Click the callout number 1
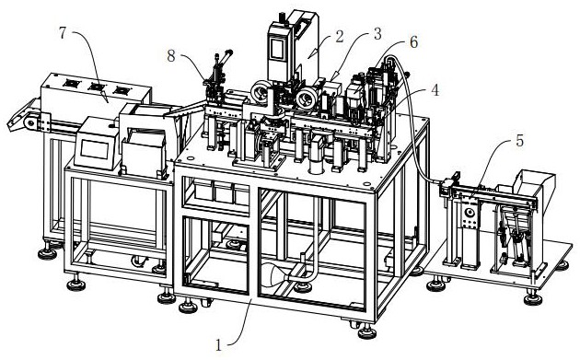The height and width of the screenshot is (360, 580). click(219, 345)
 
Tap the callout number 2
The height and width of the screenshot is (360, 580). click(339, 37)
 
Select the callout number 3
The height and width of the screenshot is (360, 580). click(377, 34)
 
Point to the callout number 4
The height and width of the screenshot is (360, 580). click(435, 90)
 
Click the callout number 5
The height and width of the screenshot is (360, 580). click(520, 141)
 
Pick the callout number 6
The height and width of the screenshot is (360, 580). click(413, 42)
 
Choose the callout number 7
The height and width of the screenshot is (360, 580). click(63, 33)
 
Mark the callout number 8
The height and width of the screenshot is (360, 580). click(171, 56)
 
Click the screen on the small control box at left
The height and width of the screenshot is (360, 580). click(95, 150)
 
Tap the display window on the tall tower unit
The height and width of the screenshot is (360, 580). click(277, 48)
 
